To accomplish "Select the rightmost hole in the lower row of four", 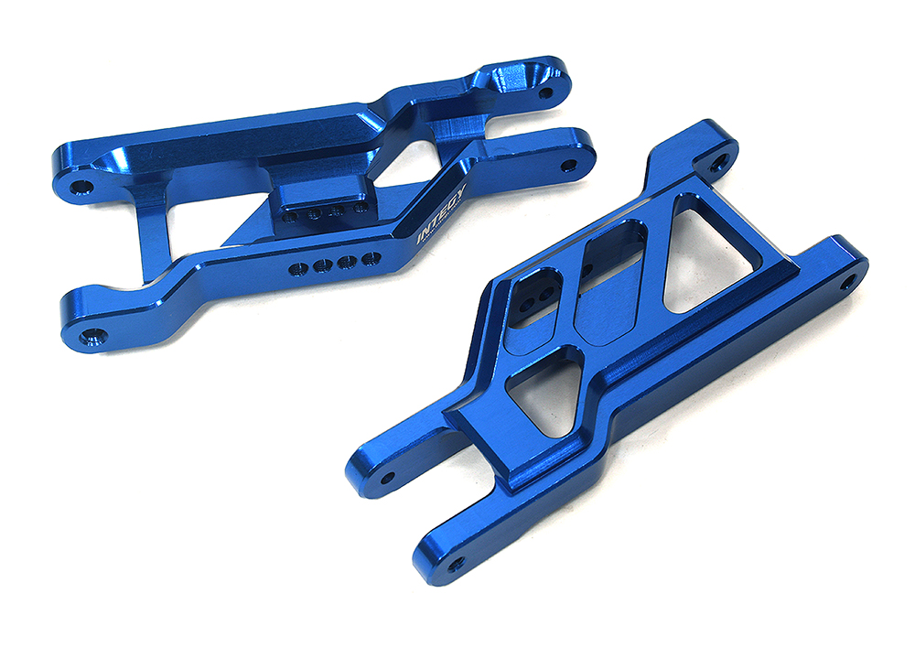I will tap(370, 259).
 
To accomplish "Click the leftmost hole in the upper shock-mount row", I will tap(290, 218).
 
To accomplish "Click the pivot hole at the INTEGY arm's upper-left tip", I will tap(83, 187).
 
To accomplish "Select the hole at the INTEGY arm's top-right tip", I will tap(546, 92).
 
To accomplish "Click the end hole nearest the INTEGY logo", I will tap(568, 166).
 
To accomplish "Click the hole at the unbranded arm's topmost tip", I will tap(718, 163).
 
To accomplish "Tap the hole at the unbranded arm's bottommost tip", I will tap(453, 562).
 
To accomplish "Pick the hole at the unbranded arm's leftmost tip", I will tap(387, 477).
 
